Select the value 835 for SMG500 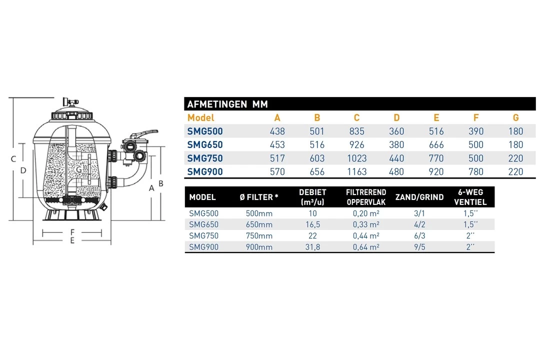(356, 131)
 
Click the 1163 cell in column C (356, 171)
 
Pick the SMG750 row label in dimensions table (205, 158)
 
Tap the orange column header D (396, 118)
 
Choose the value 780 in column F (476, 171)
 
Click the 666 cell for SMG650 (436, 145)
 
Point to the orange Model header (201, 118)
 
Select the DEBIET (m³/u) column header (313, 197)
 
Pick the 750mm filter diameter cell (259, 235)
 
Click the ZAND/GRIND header (419, 197)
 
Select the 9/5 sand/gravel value (419, 246)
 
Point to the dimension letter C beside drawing (14, 159)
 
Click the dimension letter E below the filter (72, 241)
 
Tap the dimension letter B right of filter (161, 183)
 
